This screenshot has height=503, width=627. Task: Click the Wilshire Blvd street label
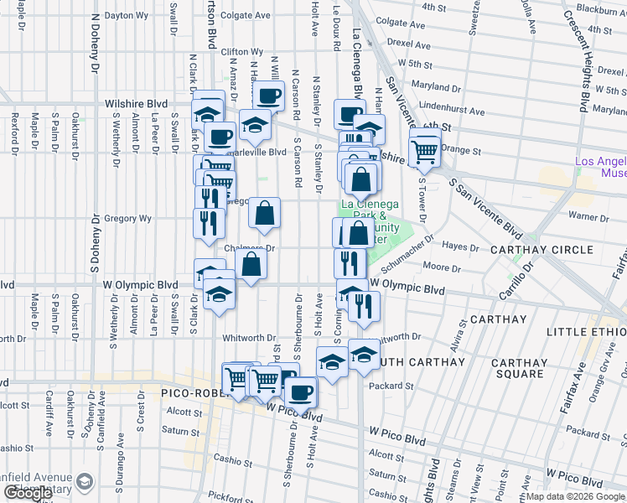tap(136, 104)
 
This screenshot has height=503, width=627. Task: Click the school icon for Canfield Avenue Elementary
tap(85, 481)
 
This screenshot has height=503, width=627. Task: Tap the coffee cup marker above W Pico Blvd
tap(300, 391)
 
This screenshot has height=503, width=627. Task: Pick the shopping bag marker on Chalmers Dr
tap(251, 265)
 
